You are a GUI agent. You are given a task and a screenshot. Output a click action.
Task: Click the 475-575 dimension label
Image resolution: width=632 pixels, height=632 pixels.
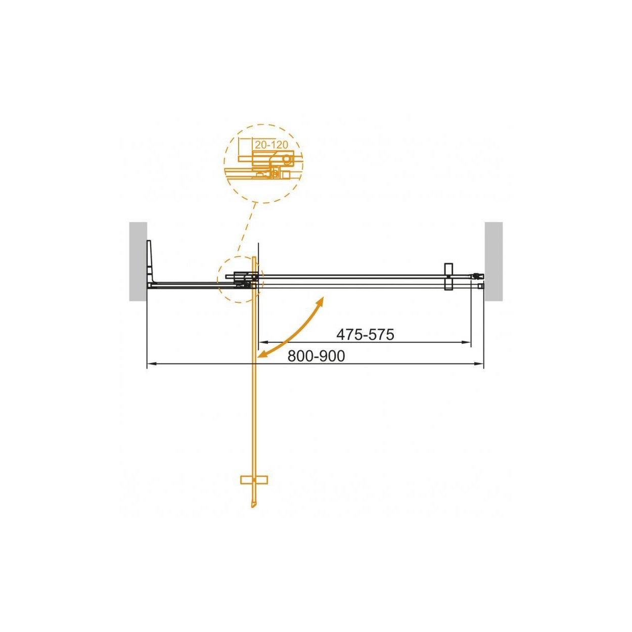pos(365,335)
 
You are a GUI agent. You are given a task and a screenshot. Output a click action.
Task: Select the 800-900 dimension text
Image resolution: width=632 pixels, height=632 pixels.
pos(316,356)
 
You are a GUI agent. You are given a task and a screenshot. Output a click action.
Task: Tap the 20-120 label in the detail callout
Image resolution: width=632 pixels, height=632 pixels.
pos(271,145)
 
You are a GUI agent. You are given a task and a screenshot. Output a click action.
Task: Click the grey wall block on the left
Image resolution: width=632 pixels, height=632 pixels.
pos(138,261)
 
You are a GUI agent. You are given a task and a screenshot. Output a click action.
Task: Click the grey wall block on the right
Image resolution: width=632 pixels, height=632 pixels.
pos(493,261)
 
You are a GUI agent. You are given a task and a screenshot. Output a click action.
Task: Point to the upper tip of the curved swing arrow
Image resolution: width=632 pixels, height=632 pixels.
pos(323,298)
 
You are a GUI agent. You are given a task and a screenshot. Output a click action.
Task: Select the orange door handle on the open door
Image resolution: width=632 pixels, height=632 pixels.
pos(254,480)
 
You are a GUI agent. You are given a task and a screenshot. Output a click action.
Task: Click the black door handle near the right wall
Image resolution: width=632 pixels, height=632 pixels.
pos(448,277)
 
